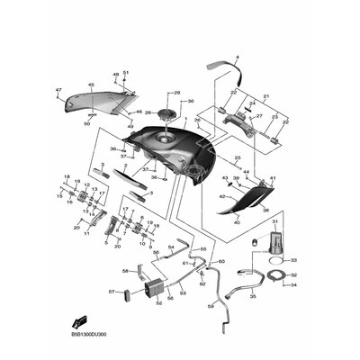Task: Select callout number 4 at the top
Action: [x=237, y=58]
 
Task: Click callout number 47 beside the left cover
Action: [x=58, y=90]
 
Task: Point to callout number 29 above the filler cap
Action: [x=176, y=93]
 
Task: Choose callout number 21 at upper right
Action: [x=266, y=96]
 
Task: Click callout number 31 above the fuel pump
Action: [x=275, y=220]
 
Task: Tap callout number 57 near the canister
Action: [x=112, y=292]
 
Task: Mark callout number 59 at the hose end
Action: [x=210, y=306]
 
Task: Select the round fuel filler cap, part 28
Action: [x=167, y=114]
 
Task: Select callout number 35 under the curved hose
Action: [x=252, y=295]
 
